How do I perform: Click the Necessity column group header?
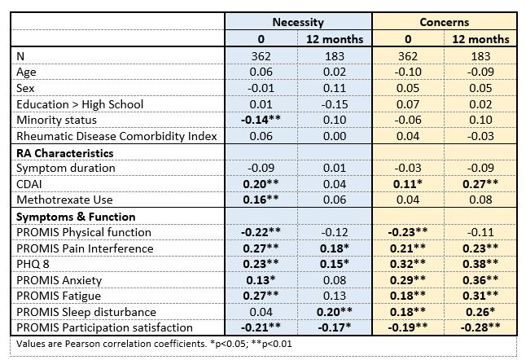300,23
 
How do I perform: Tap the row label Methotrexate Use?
62,200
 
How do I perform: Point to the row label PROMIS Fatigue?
54,296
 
